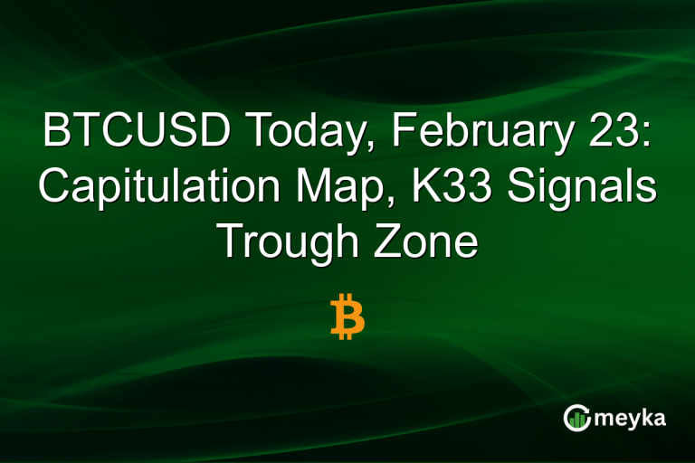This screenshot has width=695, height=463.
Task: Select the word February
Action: tap(467, 135)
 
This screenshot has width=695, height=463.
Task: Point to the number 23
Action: tap(616, 133)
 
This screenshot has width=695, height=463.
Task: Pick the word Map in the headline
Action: tap(334, 188)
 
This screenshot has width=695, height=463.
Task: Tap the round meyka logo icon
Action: tap(576, 417)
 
